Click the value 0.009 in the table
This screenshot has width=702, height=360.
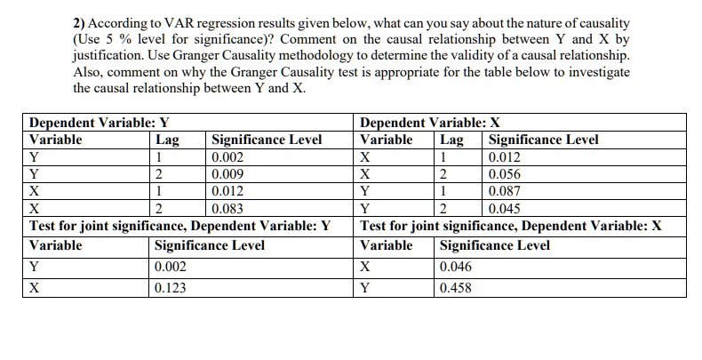point(228,173)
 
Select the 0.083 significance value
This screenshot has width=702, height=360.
point(228,208)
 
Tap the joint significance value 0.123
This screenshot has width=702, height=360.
point(171,288)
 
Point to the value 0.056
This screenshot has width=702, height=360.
point(507,173)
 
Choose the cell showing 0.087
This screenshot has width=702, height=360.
point(507,191)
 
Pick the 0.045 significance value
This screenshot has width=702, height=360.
point(507,208)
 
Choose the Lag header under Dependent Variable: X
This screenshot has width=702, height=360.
point(451,140)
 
